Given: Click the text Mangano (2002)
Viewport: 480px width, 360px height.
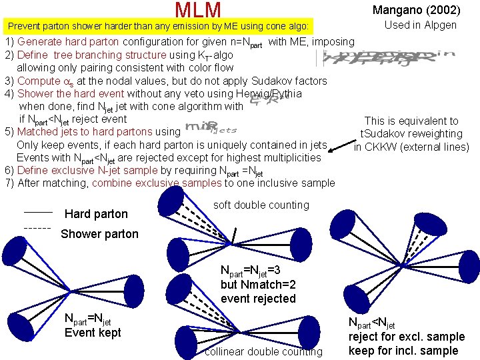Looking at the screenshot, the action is click(x=416, y=10).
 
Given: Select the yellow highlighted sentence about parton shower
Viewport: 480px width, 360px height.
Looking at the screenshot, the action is click(x=157, y=27).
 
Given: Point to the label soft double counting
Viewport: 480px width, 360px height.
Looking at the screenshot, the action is click(x=261, y=205).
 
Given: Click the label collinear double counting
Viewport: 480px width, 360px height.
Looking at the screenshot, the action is click(x=263, y=351).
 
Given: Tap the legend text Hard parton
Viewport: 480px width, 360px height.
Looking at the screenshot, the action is click(x=95, y=214).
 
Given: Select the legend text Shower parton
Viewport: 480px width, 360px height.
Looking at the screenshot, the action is click(x=99, y=234).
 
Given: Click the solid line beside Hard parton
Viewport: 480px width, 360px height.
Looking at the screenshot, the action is click(x=38, y=211).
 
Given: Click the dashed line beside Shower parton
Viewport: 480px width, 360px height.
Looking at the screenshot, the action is click(x=38, y=228).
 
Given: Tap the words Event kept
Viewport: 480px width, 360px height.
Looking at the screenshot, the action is click(x=93, y=333).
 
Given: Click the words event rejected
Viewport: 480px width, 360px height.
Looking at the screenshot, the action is click(x=258, y=299).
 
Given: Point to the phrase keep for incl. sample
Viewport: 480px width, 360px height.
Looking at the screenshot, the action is click(x=403, y=351).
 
